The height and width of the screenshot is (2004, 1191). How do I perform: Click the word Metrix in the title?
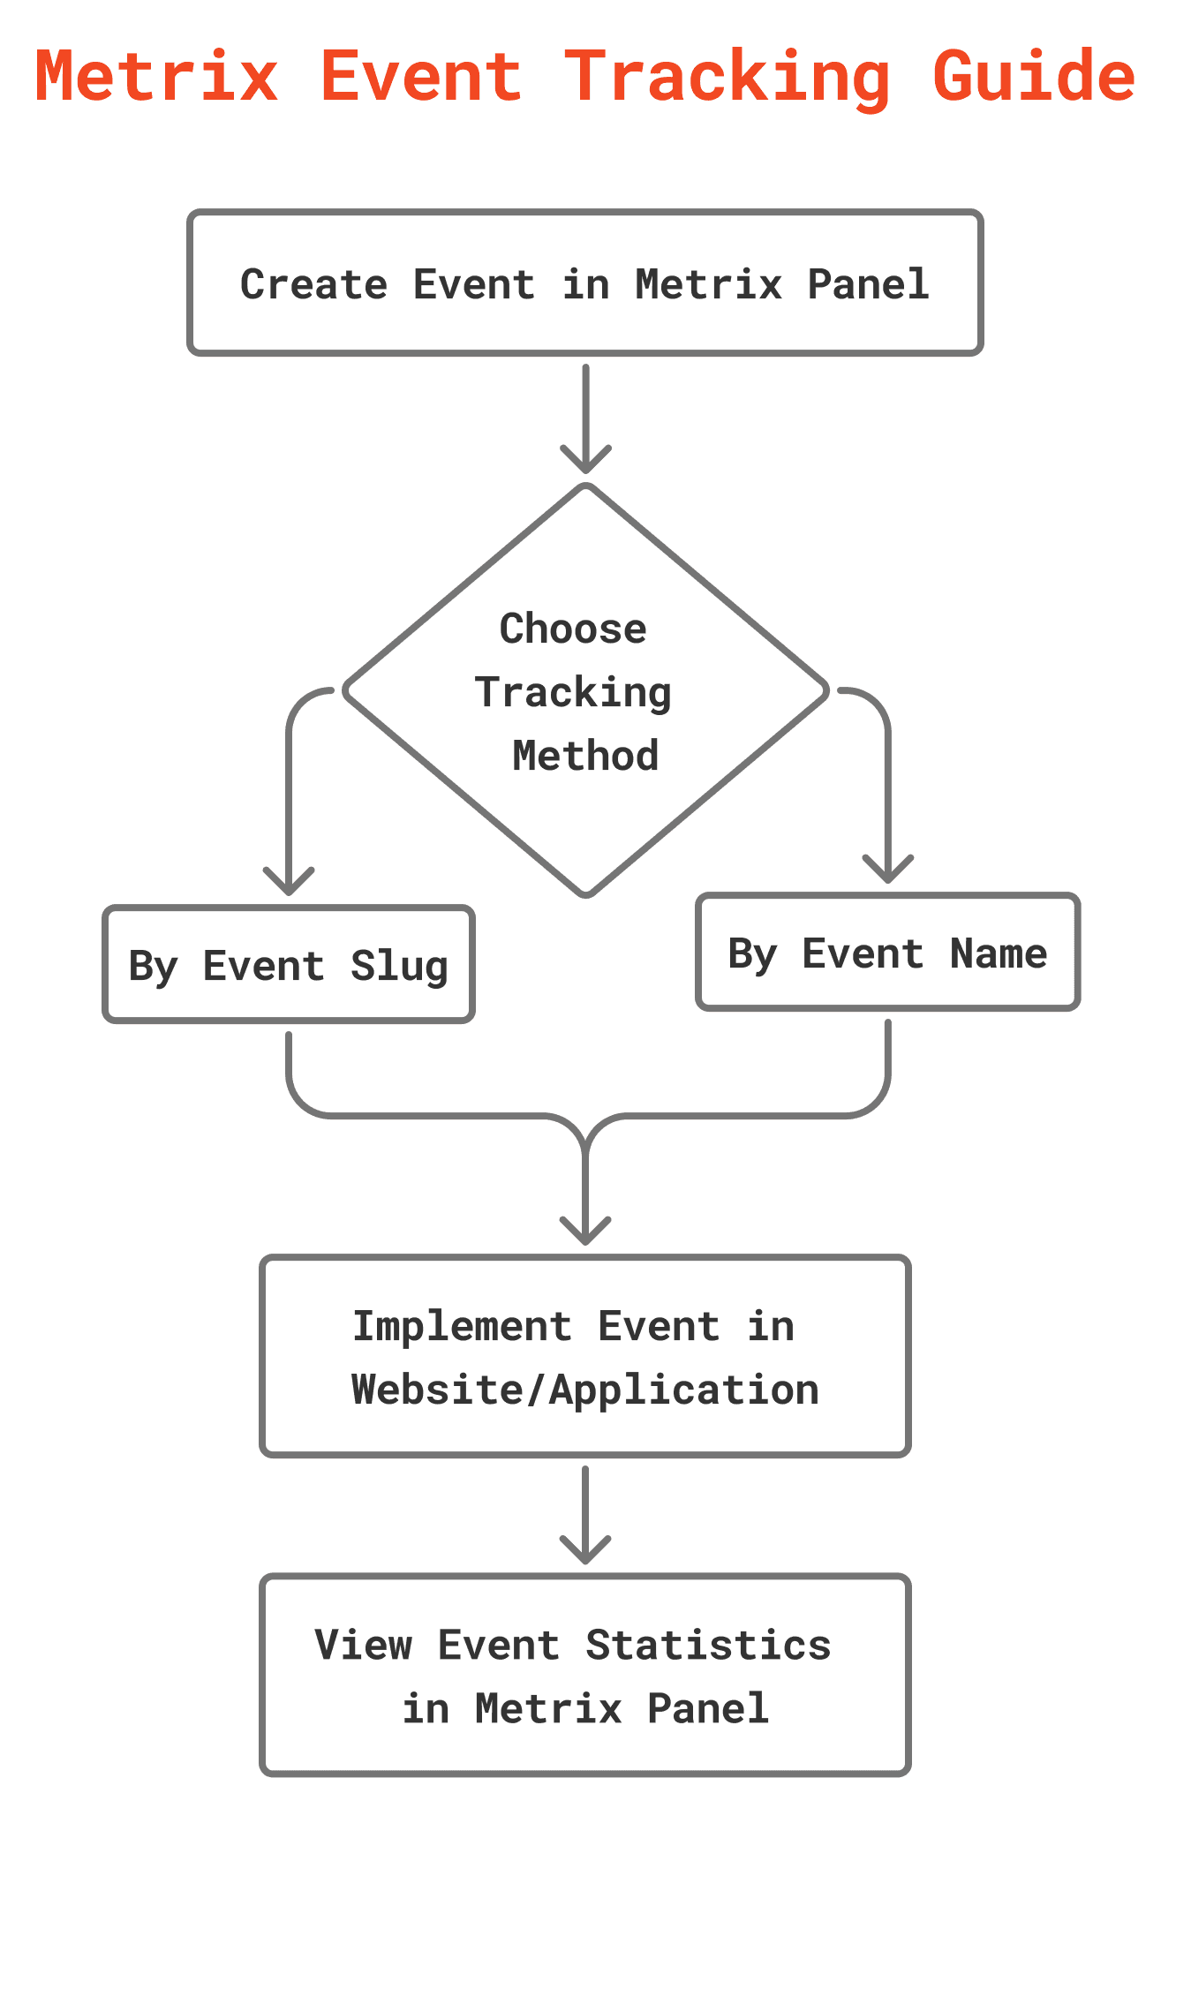[157, 77]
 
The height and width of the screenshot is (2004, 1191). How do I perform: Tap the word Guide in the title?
[1034, 77]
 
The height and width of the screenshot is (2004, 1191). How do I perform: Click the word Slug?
[399, 967]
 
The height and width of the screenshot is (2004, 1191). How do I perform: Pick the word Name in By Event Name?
[999, 953]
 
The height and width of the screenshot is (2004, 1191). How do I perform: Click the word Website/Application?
[585, 1390]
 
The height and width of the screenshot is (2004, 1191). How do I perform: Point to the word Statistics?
[709, 1645]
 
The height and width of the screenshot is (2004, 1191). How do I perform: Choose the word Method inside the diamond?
[585, 756]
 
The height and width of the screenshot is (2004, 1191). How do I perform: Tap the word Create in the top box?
[314, 284]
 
